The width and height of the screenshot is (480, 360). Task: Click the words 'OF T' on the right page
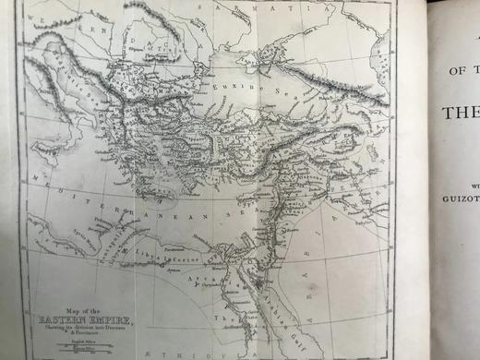(x=462, y=71)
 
